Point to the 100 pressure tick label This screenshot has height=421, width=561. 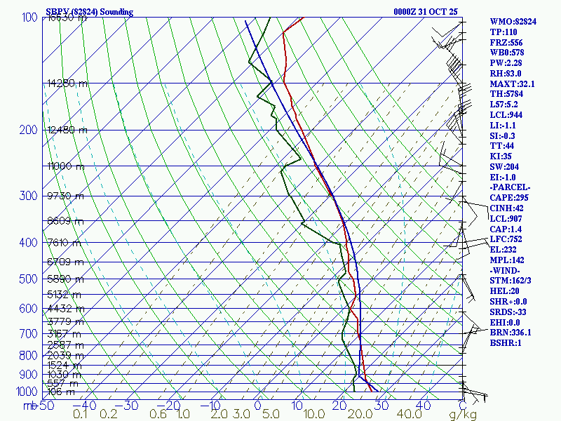coord(29,18)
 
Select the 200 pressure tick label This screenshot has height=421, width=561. coord(29,130)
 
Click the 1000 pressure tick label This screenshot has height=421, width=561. coord(27,392)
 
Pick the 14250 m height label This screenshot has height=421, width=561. coord(68,83)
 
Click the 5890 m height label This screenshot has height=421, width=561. coord(65,279)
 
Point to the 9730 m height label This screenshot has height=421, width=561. coord(65,196)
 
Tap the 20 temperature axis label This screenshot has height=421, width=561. coord(341,406)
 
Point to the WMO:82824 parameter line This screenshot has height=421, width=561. coord(513,22)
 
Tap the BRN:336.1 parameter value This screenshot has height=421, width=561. coord(511,332)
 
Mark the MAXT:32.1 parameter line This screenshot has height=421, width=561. coord(512,83)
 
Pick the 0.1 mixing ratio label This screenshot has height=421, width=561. coord(81,415)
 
